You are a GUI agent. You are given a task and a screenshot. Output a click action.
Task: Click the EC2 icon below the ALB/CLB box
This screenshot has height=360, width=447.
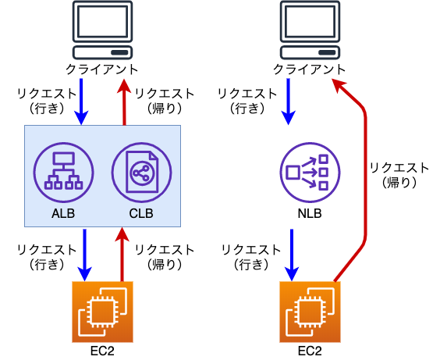pos(102,312)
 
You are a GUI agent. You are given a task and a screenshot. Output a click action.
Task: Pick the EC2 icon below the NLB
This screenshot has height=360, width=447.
pos(310,312)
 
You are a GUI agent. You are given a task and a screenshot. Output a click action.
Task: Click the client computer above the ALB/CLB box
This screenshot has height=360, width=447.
pos(102,29)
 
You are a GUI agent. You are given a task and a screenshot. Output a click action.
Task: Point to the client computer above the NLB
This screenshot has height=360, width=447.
pos(310,29)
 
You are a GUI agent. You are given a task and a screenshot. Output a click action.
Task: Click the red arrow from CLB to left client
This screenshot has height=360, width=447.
pos(122,101)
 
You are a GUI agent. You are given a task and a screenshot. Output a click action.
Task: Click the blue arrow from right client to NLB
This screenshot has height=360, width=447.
pos(290,101)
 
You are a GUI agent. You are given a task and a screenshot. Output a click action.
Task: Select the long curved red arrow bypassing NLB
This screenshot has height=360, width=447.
pos(364,180)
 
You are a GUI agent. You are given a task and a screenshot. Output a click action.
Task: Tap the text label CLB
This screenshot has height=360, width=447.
pos(141,213)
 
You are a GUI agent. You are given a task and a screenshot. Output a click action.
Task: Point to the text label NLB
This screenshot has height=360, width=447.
pos(310,213)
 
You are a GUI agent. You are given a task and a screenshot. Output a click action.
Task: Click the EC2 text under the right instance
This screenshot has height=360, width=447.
pos(310,350)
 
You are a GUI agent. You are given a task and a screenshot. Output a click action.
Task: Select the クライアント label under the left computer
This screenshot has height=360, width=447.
pos(102,70)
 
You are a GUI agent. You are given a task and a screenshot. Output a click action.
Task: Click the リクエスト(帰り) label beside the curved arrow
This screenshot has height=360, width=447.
pos(399,175)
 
